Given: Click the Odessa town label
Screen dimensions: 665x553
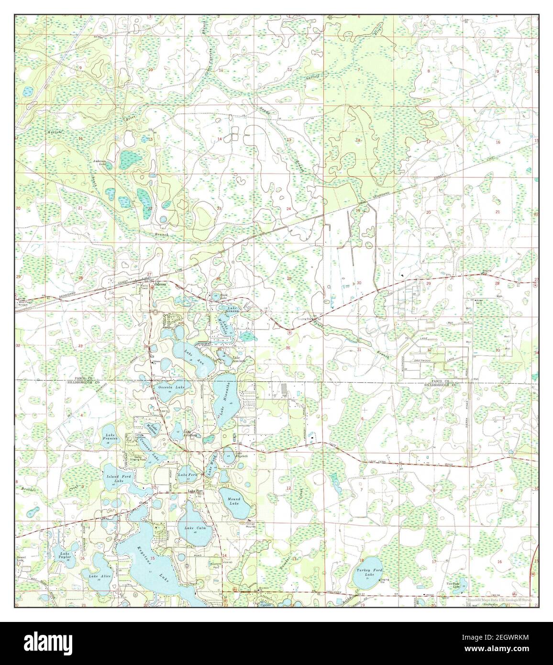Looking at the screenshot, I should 159,284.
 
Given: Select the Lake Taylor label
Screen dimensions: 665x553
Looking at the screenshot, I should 65,555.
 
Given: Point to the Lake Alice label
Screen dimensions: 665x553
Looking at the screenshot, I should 97,576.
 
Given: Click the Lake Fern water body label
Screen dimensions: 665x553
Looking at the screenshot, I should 187,475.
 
